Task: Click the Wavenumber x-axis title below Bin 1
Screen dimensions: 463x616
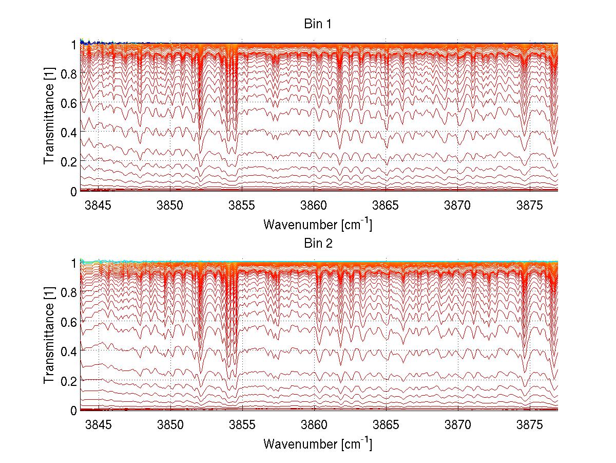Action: point(317,224)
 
